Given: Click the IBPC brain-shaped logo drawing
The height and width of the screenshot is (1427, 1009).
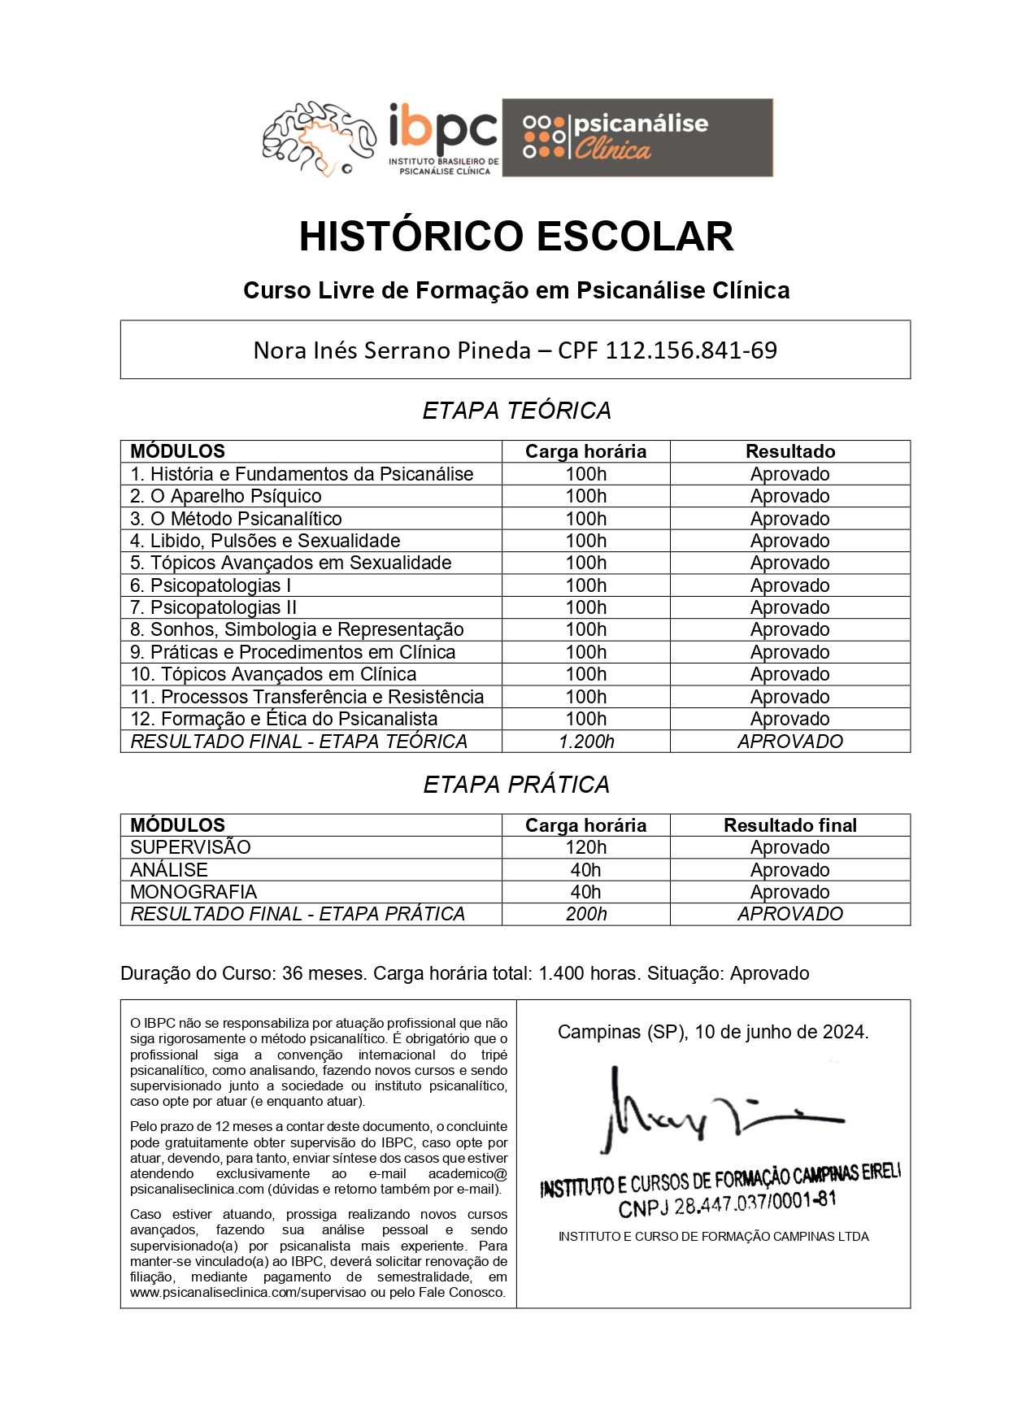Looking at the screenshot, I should click(x=319, y=138).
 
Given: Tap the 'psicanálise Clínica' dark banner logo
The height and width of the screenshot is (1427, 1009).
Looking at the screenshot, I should click(x=637, y=137).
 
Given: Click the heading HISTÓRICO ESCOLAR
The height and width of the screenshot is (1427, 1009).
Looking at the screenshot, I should click(x=515, y=237).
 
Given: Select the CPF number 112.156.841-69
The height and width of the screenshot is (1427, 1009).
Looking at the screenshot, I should click(x=691, y=350).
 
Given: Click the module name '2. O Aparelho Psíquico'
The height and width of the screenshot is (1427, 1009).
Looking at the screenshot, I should click(x=225, y=496).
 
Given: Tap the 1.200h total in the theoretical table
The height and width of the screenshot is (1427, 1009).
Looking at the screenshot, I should click(x=585, y=742).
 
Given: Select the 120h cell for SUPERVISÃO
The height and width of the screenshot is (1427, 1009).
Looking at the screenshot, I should click(x=585, y=847).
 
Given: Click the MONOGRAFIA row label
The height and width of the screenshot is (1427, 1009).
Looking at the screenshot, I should click(x=193, y=892).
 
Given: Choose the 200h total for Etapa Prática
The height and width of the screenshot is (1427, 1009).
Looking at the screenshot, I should click(x=585, y=914).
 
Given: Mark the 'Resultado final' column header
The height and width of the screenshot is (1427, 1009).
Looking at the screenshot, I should click(x=789, y=825).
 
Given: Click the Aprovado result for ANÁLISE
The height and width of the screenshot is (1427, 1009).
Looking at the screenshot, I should click(x=789, y=870).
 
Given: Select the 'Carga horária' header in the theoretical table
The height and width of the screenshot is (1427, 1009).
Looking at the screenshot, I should click(x=585, y=451).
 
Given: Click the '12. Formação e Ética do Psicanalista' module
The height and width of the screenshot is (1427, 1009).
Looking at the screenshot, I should click(x=283, y=719).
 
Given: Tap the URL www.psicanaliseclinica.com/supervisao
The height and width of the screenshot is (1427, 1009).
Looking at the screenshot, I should click(x=248, y=1292).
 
